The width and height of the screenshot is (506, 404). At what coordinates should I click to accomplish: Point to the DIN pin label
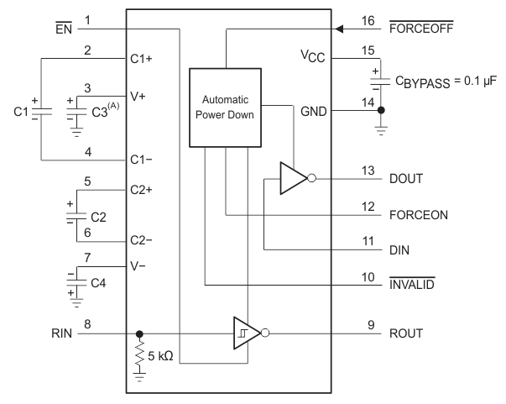click(399, 249)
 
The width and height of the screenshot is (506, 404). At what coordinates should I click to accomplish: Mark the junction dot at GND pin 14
click(381, 109)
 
